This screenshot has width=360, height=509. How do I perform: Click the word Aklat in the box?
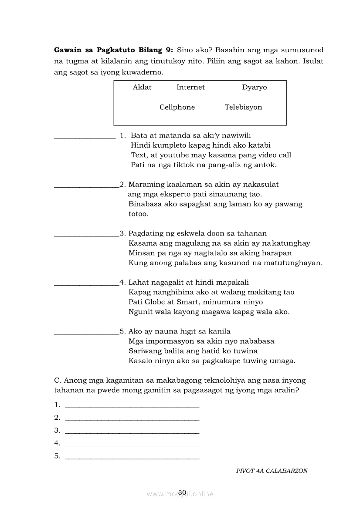tap(142, 87)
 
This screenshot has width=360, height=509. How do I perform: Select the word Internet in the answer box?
tap(190, 87)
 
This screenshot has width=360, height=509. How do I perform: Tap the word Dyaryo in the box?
tap(255, 87)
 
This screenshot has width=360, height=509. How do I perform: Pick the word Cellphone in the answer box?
tap(177, 107)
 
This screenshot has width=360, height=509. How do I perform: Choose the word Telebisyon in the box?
tap(243, 107)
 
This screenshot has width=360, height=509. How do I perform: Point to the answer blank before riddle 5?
tap(86, 333)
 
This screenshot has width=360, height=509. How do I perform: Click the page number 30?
tap(182, 492)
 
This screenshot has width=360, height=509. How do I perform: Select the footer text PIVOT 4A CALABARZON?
tap(272, 471)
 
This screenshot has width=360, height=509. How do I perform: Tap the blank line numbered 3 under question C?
tap(132, 433)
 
